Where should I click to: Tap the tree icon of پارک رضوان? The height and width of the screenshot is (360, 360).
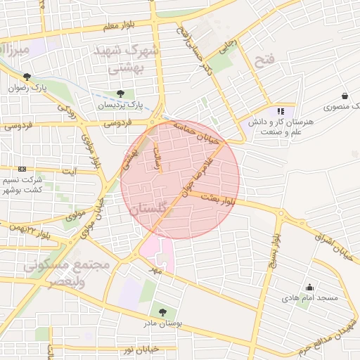point(27,77)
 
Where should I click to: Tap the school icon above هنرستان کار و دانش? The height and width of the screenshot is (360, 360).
point(281,110)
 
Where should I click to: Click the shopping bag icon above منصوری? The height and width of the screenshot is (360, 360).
point(345,96)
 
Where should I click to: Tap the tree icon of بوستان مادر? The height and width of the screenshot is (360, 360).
point(163,311)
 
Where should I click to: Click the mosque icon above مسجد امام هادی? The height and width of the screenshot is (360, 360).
point(309,286)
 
